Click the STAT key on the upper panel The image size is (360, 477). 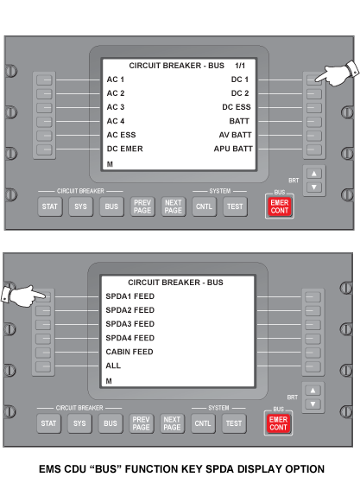[x=50, y=207]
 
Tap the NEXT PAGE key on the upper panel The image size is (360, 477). [x=174, y=207]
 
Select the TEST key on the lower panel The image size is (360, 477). [x=234, y=423]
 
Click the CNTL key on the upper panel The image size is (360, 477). [x=204, y=207]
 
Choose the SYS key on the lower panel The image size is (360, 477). [x=79, y=423]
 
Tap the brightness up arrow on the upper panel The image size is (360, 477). [x=314, y=174]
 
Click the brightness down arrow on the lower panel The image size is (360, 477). [x=313, y=404]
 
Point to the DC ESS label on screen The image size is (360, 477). [x=237, y=107]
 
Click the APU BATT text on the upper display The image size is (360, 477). [x=233, y=149]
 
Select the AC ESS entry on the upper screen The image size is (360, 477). [x=121, y=135]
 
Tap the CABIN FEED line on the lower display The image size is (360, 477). [x=129, y=352]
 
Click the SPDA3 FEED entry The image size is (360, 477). [x=130, y=324]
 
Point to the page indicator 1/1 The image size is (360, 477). [x=240, y=66]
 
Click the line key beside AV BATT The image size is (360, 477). [x=314, y=136]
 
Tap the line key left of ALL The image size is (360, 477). [x=43, y=366]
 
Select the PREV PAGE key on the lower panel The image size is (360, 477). [x=142, y=423]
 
